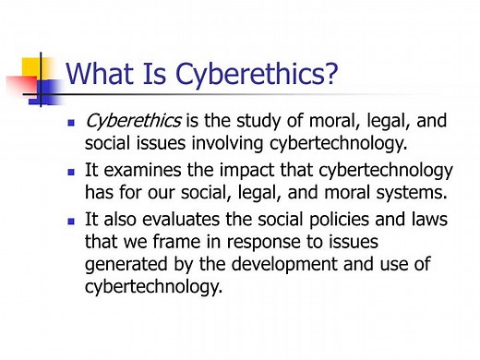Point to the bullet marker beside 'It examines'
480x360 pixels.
coord(72,173)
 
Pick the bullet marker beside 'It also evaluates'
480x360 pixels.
coord(72,222)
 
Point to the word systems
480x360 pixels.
coord(390,193)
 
